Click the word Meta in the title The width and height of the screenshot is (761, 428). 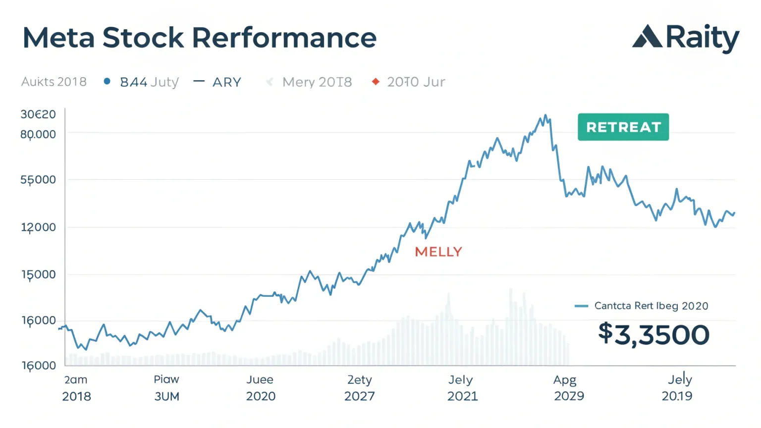[x=58, y=38]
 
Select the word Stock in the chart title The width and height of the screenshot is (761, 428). [x=143, y=38]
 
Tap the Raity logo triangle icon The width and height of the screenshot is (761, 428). [x=647, y=37]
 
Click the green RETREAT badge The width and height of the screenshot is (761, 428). [x=623, y=127]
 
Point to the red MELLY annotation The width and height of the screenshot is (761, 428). [x=438, y=252]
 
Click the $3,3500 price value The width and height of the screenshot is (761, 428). [x=653, y=334]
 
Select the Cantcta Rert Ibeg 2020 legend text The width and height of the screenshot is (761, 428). [x=651, y=306]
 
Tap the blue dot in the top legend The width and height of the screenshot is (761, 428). [x=107, y=81]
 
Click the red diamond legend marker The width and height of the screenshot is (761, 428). [x=376, y=81]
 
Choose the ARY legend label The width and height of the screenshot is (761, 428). [x=226, y=82]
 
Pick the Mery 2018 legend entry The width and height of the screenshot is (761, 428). [x=317, y=82]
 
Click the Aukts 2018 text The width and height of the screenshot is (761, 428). [x=54, y=82]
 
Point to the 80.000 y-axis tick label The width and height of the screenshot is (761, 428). [x=38, y=134]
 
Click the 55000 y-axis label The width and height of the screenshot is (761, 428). [x=38, y=179]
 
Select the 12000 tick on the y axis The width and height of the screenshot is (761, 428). [x=38, y=227]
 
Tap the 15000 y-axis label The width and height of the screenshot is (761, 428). [x=38, y=274]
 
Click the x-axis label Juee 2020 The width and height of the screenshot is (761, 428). [x=261, y=388]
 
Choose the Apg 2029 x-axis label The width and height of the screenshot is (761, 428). [x=569, y=388]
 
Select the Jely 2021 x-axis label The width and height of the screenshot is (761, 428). [x=462, y=388]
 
